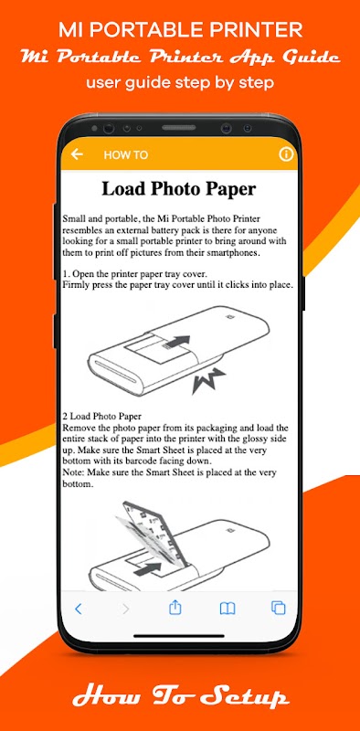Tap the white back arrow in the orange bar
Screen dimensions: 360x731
pos(77,154)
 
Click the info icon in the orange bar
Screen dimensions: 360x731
pos(285,154)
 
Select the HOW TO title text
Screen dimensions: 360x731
pos(126,155)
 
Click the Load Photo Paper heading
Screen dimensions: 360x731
pos(179,189)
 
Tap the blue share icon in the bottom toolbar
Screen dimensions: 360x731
pos(175,608)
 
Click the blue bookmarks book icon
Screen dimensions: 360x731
pos(228,609)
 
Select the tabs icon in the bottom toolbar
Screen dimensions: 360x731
pos(279,608)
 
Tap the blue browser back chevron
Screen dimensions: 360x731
pos(79,609)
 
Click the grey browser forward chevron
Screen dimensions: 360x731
pos(125,609)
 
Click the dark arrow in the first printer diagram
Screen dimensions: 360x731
pos(177,342)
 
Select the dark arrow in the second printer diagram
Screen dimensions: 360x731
pos(147,569)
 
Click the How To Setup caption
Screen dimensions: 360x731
pos(180,697)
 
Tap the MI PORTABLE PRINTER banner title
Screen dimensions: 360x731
pos(181,31)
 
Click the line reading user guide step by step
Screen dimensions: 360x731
pos(180,83)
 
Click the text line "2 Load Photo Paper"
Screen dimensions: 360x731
pos(101,416)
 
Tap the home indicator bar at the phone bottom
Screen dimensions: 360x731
pos(179,635)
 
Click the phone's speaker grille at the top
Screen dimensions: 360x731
pos(178,127)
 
